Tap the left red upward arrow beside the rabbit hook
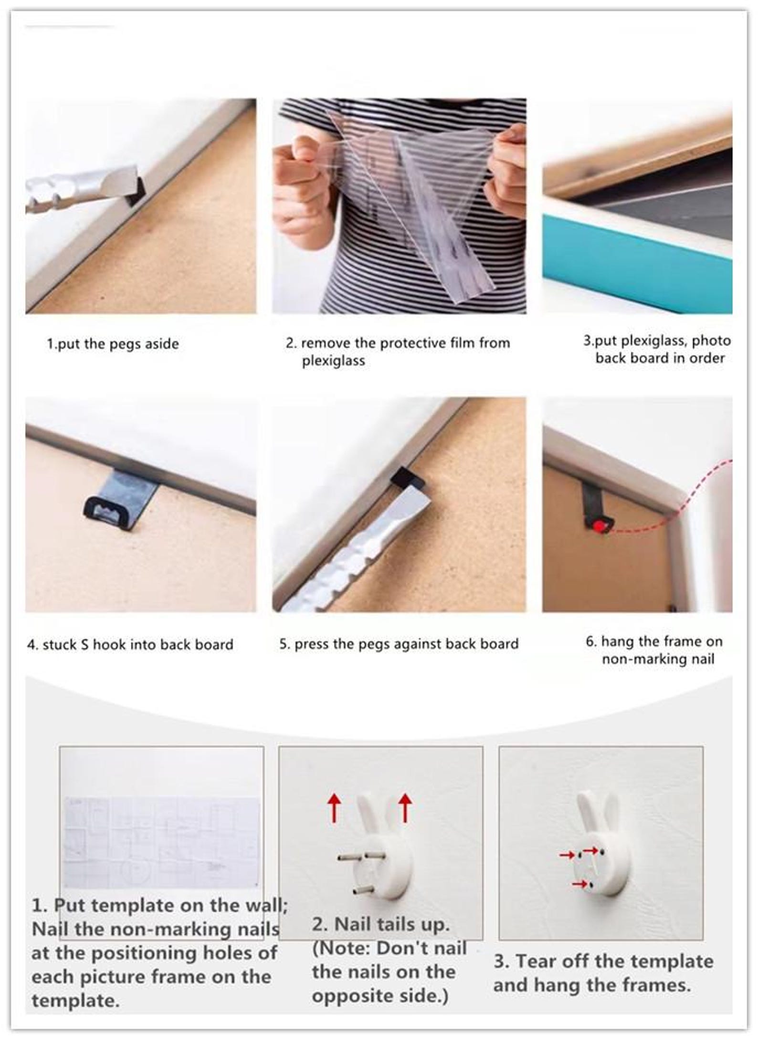(x=334, y=808)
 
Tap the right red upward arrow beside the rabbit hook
(x=405, y=808)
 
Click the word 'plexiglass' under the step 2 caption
(x=333, y=361)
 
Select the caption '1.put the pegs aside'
(x=113, y=344)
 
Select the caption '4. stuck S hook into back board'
(x=130, y=644)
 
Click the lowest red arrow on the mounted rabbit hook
(x=579, y=884)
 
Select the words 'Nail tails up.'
(x=381, y=924)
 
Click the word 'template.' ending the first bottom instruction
(x=75, y=1000)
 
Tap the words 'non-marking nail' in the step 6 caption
(x=658, y=659)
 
